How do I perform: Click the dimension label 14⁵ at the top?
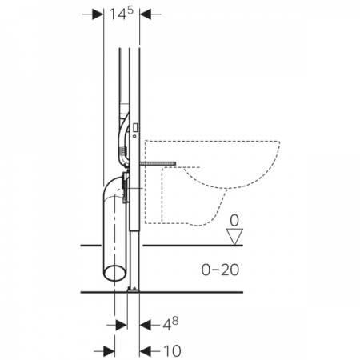pyautogui.click(x=121, y=14)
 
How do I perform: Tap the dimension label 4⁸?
pyautogui.click(x=170, y=324)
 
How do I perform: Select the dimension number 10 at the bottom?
pyautogui.click(x=172, y=351)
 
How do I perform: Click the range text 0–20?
pyautogui.click(x=220, y=270)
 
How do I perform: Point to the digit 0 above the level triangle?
pyautogui.click(x=234, y=221)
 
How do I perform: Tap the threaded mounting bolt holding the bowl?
pyautogui.click(x=158, y=163)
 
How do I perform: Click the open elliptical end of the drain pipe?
pyautogui.click(x=115, y=273)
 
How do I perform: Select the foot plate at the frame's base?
pyautogui.click(x=134, y=289)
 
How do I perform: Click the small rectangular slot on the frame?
pyautogui.click(x=135, y=128)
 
